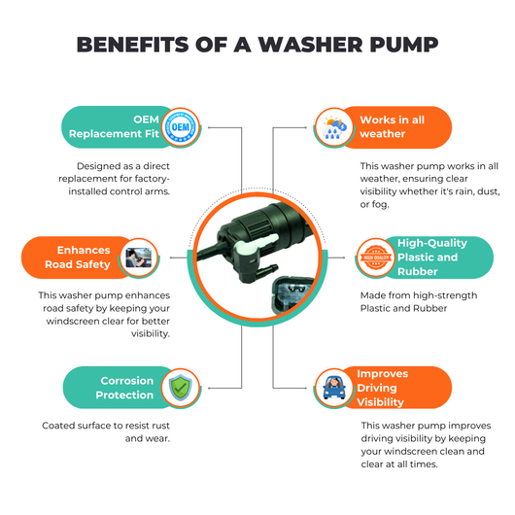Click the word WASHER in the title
tap(311, 45)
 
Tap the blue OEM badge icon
tap(181, 127)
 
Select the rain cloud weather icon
tap(334, 128)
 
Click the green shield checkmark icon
tap(181, 388)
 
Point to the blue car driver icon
tap(334, 388)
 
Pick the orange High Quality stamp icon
tap(376, 257)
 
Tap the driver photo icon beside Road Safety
tap(139, 257)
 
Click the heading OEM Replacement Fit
tap(114, 126)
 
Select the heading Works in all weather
tap(393, 126)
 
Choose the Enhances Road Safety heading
tap(78, 257)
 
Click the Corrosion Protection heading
tap(124, 388)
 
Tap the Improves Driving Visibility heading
tap(382, 388)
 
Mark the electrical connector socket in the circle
tap(292, 294)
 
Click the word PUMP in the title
tap(404, 45)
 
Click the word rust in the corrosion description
tap(161, 426)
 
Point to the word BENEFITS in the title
tap(133, 45)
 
